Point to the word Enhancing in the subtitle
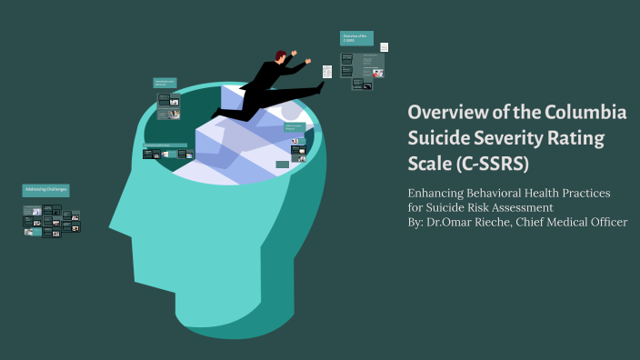pyautogui.click(x=443, y=193)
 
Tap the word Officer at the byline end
pyautogui.click(x=606, y=222)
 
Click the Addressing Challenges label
pyautogui.click(x=45, y=189)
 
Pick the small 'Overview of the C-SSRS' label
pyautogui.click(x=355, y=38)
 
